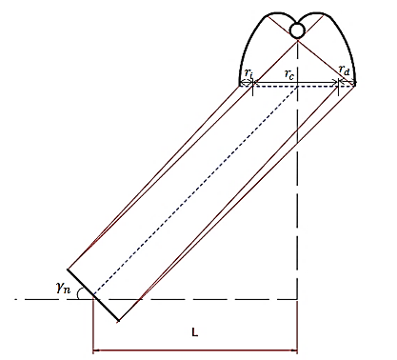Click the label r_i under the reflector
[x=246, y=72]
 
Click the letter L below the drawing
[x=194, y=332]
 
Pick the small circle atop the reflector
[x=297, y=31]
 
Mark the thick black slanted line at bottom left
[x=92, y=295]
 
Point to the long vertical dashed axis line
[x=298, y=210]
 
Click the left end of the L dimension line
[x=92, y=351]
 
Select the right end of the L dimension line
[x=298, y=351]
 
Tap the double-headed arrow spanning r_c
[x=295, y=85]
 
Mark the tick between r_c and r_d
[x=339, y=85]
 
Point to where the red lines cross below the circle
[x=298, y=45]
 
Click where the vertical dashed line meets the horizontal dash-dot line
[x=298, y=300]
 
